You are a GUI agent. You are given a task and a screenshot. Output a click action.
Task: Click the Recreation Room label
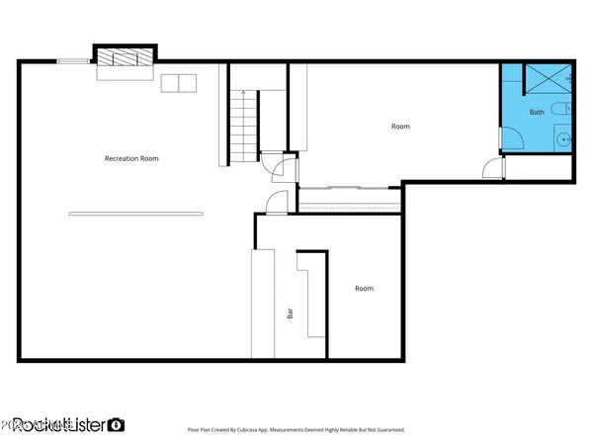pos(131,158)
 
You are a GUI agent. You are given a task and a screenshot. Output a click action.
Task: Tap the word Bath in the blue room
pos(537,112)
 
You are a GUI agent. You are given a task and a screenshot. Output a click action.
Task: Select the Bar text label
pos(290,313)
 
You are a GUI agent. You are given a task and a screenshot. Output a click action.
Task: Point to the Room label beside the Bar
pos(364,289)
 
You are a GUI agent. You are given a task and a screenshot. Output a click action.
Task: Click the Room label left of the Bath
pos(400,127)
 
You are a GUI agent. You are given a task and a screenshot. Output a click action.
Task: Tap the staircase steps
pos(243,127)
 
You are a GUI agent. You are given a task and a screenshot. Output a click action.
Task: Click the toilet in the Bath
pos(559,109)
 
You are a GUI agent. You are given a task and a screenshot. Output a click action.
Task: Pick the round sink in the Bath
pos(563,139)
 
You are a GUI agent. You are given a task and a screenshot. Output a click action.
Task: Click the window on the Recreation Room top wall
pos(72,61)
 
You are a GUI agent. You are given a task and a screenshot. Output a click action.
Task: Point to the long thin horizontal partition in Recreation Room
pos(135,214)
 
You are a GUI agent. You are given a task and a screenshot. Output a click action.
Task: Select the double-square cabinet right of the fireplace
pos(179,82)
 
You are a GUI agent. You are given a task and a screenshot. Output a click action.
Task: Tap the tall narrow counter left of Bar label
pos(262,303)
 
